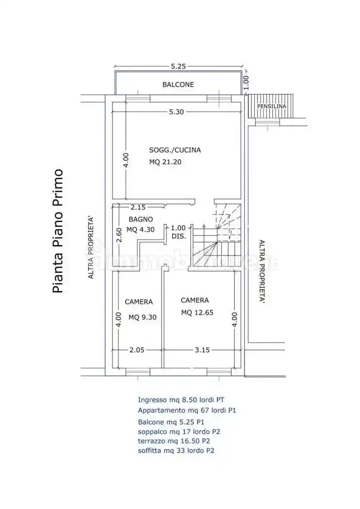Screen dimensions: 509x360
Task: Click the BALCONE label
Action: point(178,84)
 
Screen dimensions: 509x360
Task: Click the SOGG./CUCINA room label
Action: point(175,150)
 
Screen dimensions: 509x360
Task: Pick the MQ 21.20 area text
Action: point(165,162)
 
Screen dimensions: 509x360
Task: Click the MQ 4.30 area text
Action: point(140,230)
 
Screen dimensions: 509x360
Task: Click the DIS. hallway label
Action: point(179,237)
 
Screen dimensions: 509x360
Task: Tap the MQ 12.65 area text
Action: point(197,313)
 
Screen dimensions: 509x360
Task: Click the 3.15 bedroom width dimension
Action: point(201,350)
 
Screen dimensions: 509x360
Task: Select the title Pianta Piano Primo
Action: point(58,231)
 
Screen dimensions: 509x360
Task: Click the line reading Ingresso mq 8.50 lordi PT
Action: point(181,400)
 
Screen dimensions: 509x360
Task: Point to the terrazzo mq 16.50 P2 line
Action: point(174,441)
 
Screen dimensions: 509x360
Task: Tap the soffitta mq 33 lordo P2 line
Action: point(176,451)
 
